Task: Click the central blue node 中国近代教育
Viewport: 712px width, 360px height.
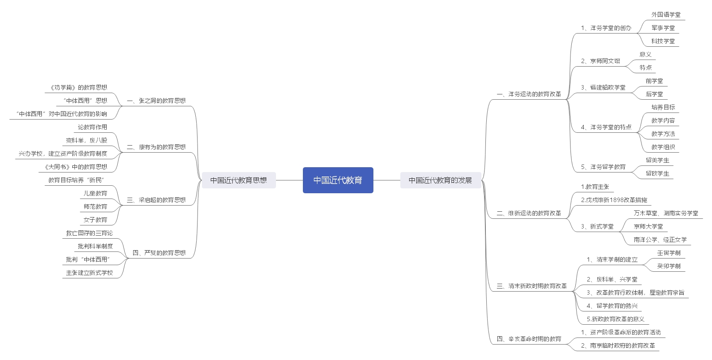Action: pyautogui.click(x=338, y=180)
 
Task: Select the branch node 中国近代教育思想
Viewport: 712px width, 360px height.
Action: pyautogui.click(x=239, y=180)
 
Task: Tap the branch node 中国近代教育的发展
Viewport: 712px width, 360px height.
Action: pyautogui.click(x=440, y=180)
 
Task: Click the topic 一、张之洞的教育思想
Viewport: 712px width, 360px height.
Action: pyautogui.click(x=156, y=101)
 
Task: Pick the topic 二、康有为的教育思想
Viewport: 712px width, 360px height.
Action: pyautogui.click(x=156, y=147)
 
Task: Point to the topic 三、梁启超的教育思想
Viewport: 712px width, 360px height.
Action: pyautogui.click(x=156, y=200)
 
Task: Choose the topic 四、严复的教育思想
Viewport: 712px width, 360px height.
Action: pyautogui.click(x=159, y=253)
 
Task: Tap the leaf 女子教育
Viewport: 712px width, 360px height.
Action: pyautogui.click(x=95, y=220)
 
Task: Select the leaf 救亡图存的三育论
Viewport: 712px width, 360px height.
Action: pyautogui.click(x=89, y=233)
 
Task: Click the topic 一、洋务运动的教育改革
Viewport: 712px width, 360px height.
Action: pyautogui.click(x=529, y=94)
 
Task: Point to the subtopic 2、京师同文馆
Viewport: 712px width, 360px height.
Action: pyautogui.click(x=600, y=61)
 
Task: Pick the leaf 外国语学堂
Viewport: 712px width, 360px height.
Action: pyautogui.click(x=666, y=15)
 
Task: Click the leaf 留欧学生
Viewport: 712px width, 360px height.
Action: pyautogui.click(x=657, y=173)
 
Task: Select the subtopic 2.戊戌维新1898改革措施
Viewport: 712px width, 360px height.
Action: pyautogui.click(x=614, y=200)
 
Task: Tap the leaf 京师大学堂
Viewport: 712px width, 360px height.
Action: pyautogui.click(x=648, y=226)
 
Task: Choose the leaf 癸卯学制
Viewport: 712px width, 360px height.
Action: pyautogui.click(x=669, y=266)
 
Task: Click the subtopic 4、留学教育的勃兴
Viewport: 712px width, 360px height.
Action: pyautogui.click(x=612, y=306)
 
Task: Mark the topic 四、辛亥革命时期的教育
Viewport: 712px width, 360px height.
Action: pyautogui.click(x=529, y=339)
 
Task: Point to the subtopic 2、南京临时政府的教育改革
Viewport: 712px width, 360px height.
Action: pyautogui.click(x=618, y=345)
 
